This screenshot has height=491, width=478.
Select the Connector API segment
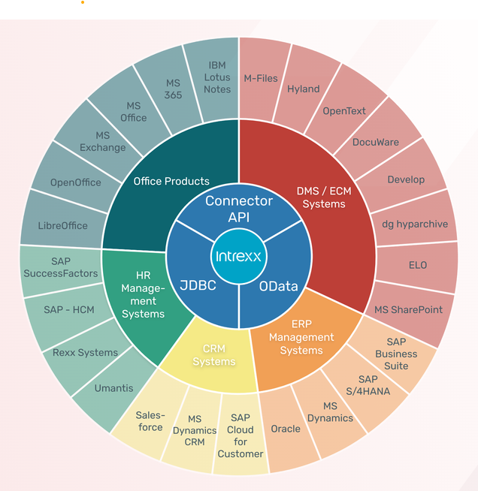(x=238, y=209)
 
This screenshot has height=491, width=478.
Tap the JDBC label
(x=198, y=285)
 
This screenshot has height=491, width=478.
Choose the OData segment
(x=279, y=285)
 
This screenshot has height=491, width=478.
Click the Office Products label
(x=171, y=180)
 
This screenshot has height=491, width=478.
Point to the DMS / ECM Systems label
(x=325, y=197)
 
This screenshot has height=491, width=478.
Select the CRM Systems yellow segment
(x=213, y=355)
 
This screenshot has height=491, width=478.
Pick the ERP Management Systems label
(x=301, y=338)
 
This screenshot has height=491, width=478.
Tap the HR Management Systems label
(x=143, y=295)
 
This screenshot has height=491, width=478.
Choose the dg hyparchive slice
(x=415, y=224)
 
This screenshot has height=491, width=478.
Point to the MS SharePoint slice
(x=408, y=309)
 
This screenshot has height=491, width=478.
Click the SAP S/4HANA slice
(x=374, y=385)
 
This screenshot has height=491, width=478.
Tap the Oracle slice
(x=286, y=429)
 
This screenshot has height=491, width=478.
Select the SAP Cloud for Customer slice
(x=241, y=436)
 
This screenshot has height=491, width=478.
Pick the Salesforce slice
(x=150, y=421)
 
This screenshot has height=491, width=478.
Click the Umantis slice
(x=114, y=388)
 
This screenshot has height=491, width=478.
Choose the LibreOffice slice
(x=63, y=225)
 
